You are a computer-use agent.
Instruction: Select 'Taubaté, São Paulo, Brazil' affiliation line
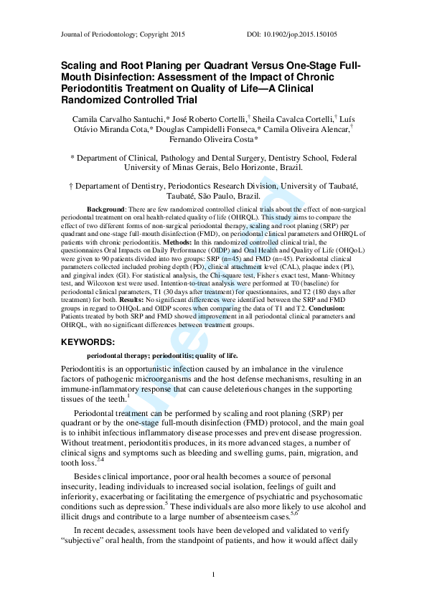point(214,195)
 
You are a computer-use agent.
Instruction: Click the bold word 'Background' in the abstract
point(106,208)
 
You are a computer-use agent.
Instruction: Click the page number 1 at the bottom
point(214,575)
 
